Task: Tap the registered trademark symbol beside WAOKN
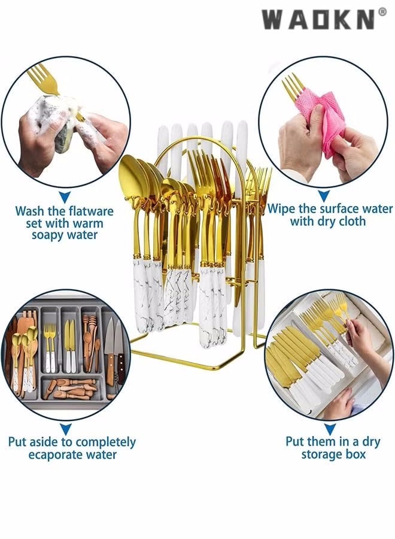pyautogui.click(x=382, y=12)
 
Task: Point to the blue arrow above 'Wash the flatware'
pyautogui.click(x=65, y=197)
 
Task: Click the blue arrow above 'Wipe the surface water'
pyautogui.click(x=324, y=196)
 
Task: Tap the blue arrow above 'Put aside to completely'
pyautogui.click(x=66, y=429)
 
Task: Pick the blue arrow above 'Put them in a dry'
pyautogui.click(x=330, y=429)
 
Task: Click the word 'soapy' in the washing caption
pyautogui.click(x=48, y=236)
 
